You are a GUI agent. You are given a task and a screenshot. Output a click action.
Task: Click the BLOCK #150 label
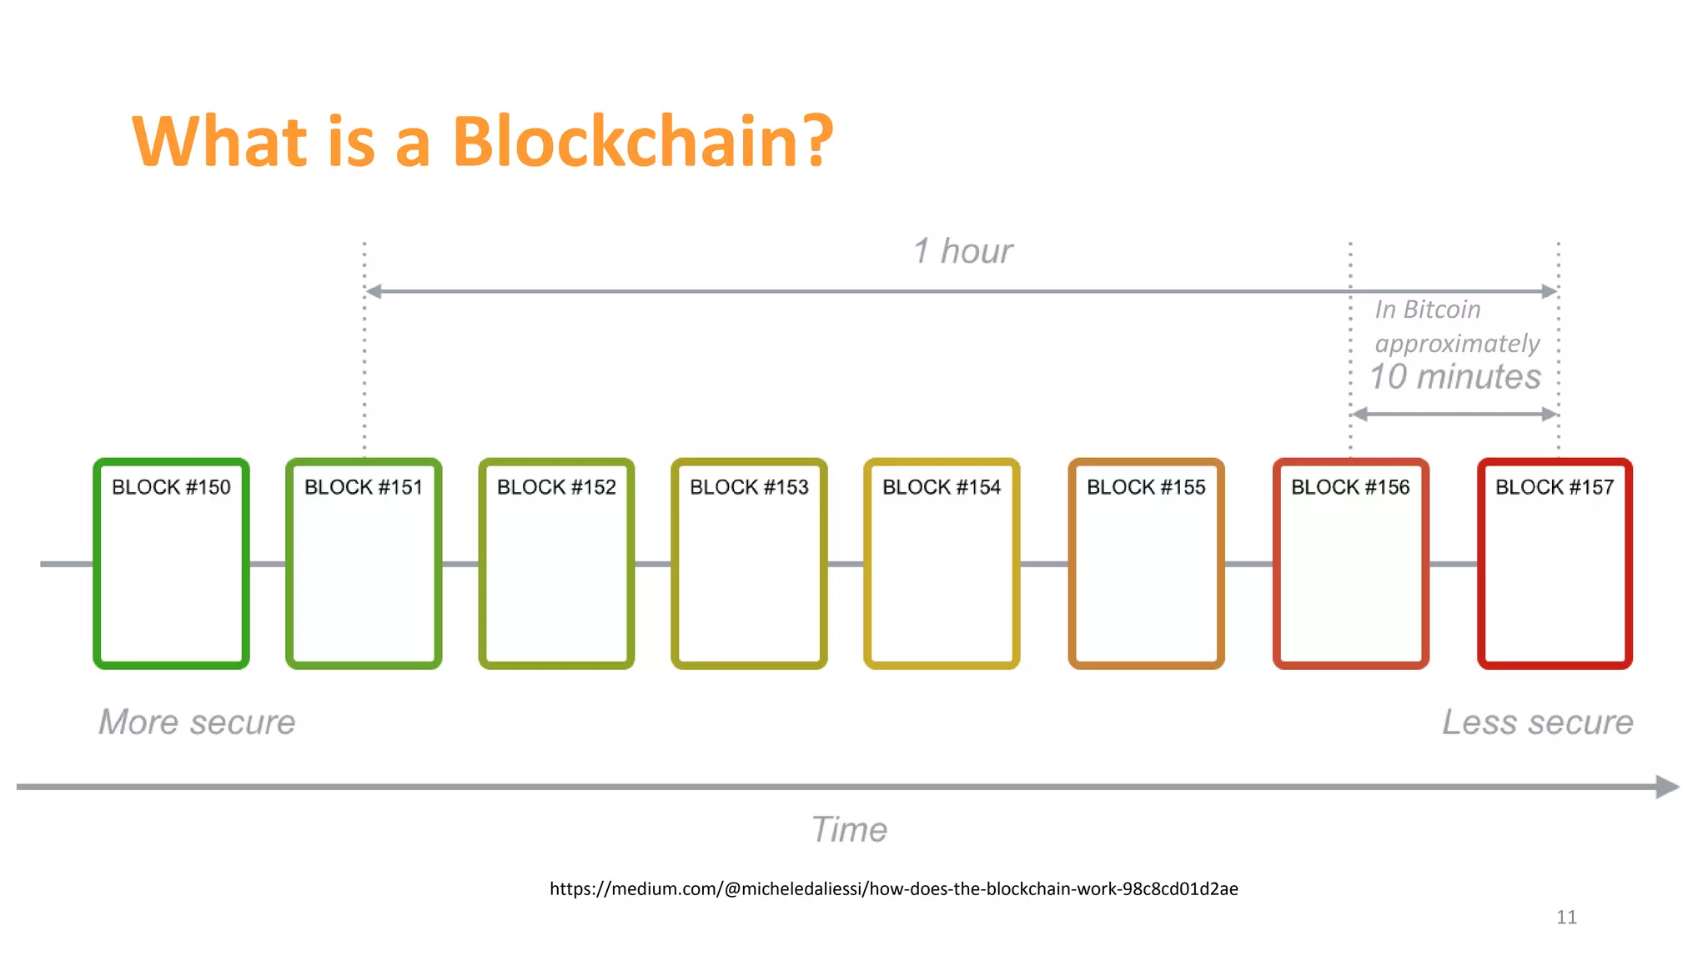pos(171,487)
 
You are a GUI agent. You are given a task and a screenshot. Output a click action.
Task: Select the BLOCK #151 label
pos(364,487)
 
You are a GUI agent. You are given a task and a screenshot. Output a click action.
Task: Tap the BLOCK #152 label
pos(556,487)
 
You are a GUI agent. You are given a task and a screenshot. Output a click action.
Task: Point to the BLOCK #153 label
pos(749,487)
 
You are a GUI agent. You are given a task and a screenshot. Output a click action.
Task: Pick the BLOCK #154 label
pos(942,487)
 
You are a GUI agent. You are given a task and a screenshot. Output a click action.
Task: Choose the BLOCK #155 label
pos(1146,487)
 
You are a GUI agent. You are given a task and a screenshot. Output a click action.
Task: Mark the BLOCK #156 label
pos(1350,487)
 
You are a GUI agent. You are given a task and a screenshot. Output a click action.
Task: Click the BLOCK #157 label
pos(1555,487)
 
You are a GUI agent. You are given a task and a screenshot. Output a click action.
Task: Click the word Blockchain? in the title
pos(642,141)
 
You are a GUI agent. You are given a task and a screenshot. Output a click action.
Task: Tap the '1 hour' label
pos(962,251)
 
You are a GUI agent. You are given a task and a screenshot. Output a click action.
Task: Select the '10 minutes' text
pos(1455,377)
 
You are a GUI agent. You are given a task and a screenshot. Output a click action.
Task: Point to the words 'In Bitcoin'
pos(1428,309)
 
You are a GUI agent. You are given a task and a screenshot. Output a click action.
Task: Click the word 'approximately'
pos(1457,344)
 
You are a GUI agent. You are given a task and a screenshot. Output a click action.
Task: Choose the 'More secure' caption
pos(197,722)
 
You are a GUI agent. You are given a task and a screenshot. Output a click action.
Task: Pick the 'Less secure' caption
pos(1538,722)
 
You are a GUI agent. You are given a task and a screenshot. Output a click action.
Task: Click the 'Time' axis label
pos(849,830)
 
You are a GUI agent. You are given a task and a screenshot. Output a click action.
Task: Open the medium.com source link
pos(893,889)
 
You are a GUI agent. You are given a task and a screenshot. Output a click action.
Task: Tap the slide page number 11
pos(1566,918)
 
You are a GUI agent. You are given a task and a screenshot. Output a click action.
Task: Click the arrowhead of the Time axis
pos(1667,787)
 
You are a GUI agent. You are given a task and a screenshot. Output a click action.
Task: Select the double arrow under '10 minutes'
pos(1454,414)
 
